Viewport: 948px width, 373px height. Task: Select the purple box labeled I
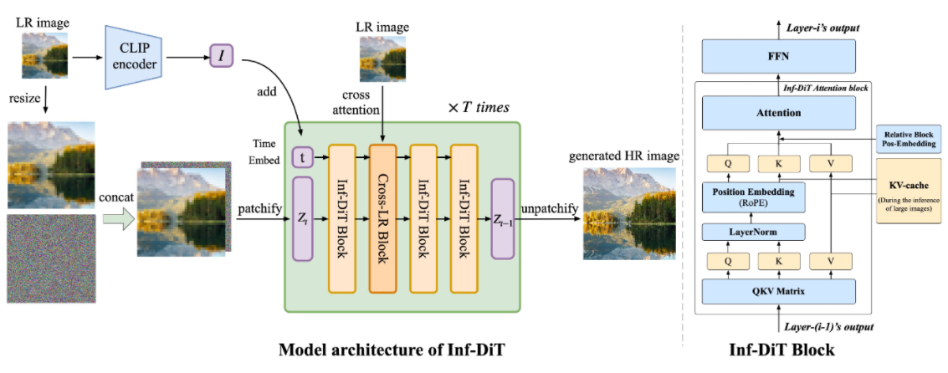coord(222,57)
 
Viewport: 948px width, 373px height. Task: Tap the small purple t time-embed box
coord(301,156)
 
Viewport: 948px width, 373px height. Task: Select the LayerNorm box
coord(747,232)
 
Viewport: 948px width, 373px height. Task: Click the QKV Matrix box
coord(778,290)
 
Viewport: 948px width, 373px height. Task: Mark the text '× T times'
coord(479,108)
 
